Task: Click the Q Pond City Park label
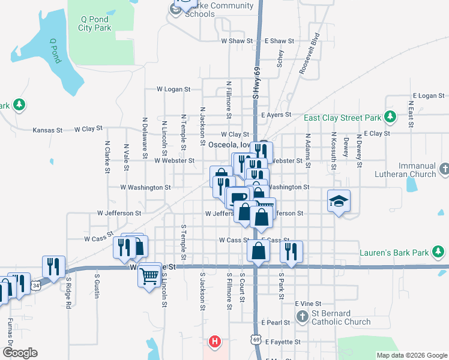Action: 95,23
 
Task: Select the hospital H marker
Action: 214,343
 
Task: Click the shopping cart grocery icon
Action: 149,277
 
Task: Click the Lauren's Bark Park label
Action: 394,253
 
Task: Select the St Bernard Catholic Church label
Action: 342,322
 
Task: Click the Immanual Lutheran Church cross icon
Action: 444,169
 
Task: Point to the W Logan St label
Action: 173,89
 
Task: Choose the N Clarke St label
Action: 107,157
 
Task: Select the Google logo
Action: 20,353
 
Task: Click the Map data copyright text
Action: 411,355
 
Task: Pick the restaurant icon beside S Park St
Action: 291,252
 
